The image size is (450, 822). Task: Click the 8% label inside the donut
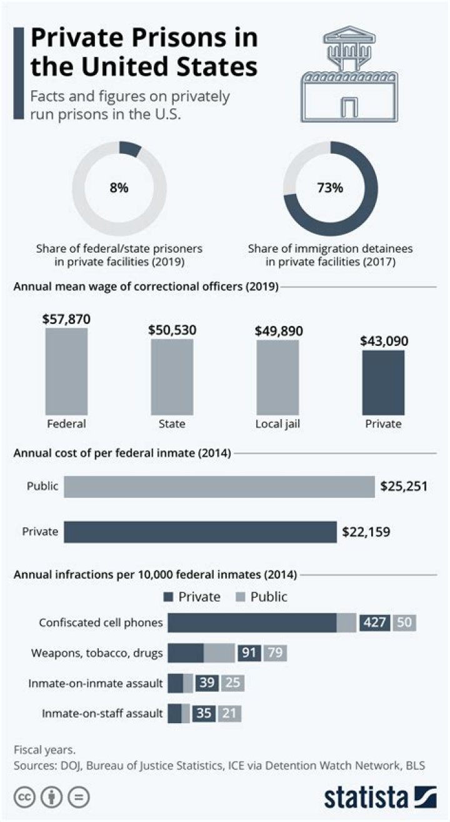[x=119, y=188]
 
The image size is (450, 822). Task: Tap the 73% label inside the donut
[x=330, y=188]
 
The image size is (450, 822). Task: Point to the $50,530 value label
[x=172, y=330]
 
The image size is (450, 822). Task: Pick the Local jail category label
[x=277, y=424]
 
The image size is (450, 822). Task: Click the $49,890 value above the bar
[x=277, y=330]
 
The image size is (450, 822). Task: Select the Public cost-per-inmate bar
[x=219, y=487]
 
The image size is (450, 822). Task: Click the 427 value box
[x=375, y=623]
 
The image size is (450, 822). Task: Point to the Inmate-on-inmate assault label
[x=96, y=683]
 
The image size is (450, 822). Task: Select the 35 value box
[x=204, y=713]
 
